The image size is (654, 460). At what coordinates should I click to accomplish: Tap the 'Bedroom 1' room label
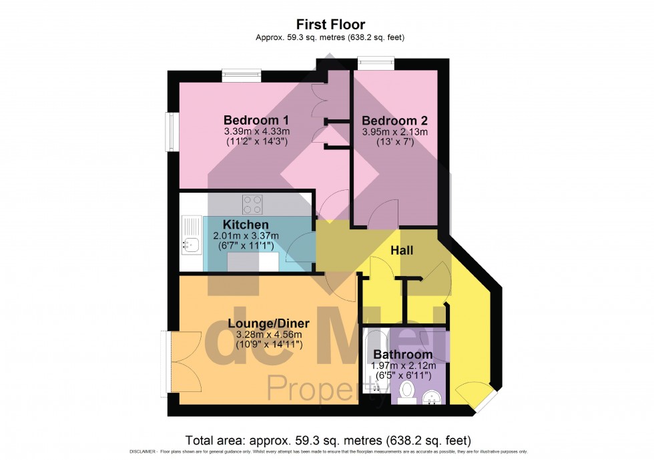256,120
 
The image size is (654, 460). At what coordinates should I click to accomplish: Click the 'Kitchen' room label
246,225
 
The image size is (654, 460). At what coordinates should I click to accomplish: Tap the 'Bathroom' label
402,354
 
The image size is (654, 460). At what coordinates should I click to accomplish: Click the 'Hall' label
402,251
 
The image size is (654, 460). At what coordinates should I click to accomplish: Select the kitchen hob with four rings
252,202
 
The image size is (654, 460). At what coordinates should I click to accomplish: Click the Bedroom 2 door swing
385,215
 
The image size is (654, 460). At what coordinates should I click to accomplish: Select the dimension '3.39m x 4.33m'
256,131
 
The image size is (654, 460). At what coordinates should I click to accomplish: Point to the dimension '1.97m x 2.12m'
402,365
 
